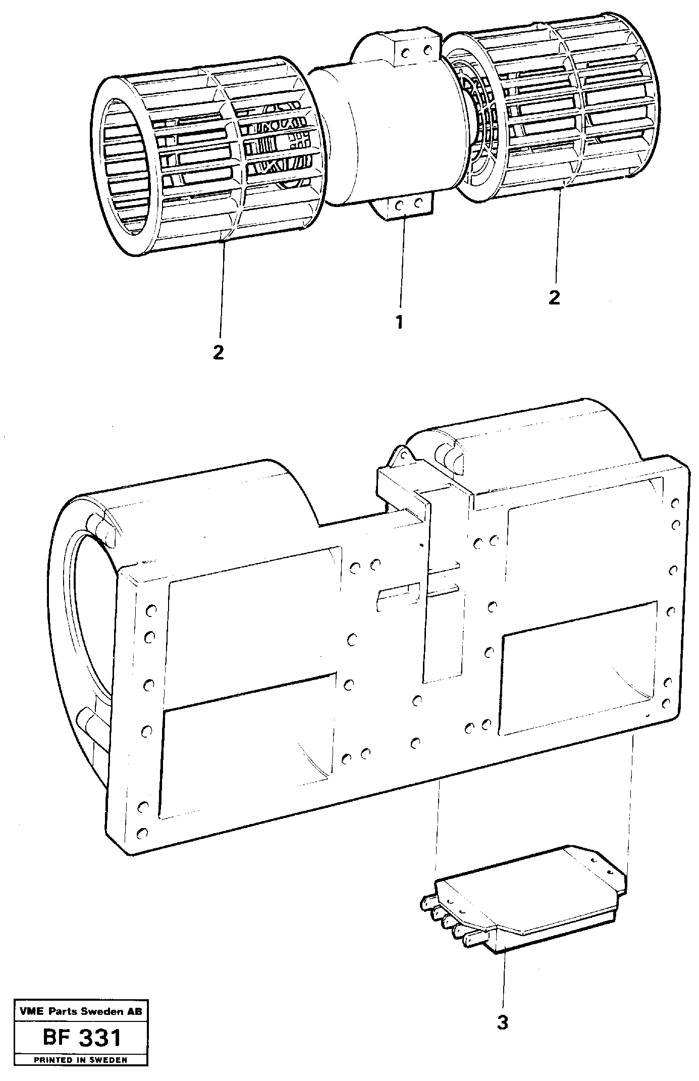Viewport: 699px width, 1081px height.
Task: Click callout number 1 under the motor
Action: coord(399,322)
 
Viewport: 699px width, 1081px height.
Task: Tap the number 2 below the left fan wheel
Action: coord(218,352)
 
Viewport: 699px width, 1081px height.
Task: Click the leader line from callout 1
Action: coord(402,268)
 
